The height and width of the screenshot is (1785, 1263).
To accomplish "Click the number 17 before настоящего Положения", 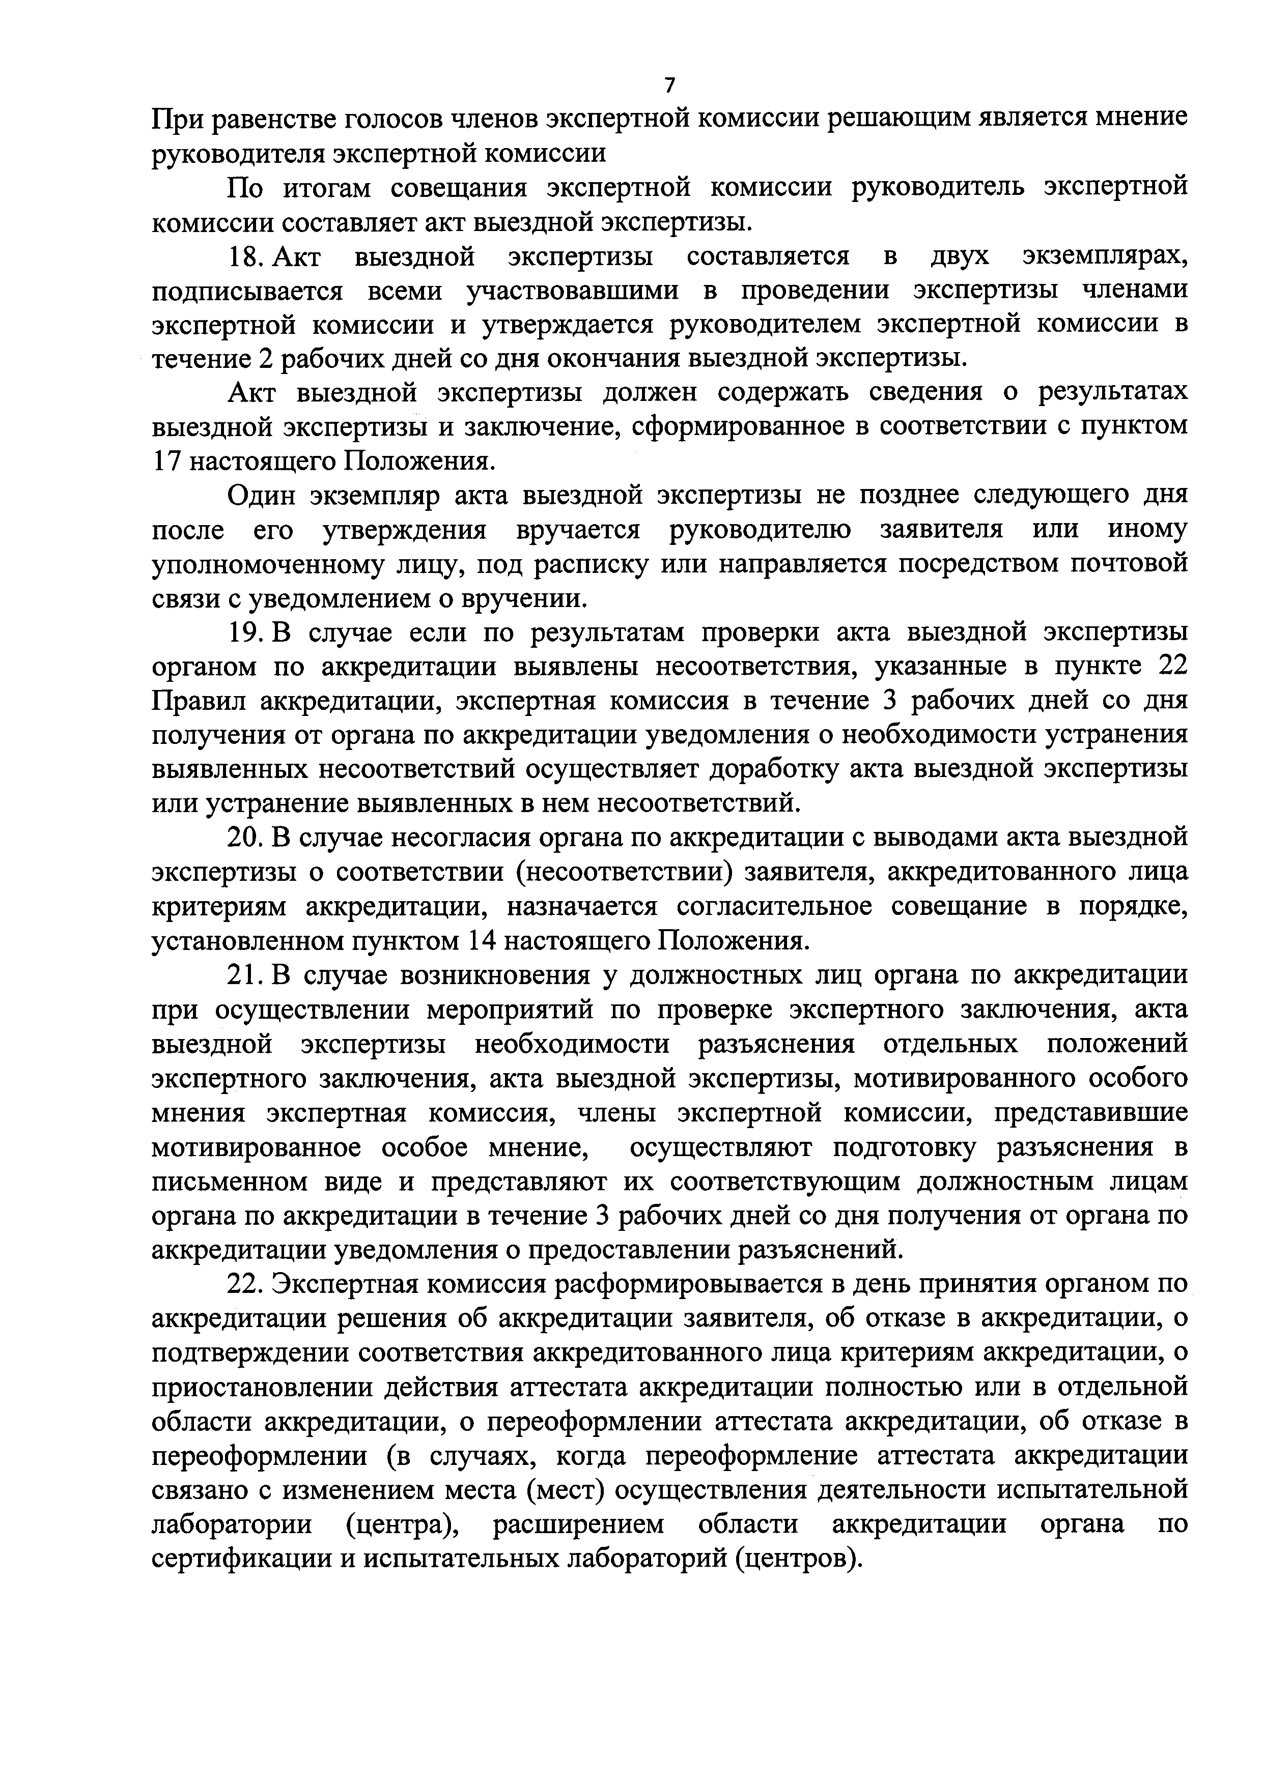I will (x=166, y=462).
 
